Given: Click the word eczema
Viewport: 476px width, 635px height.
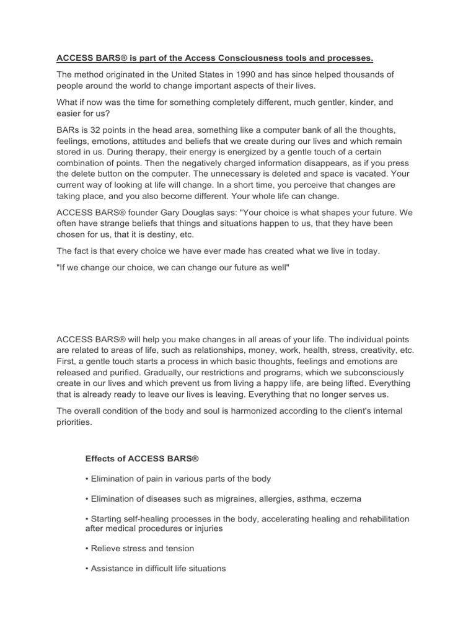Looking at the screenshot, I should click(x=346, y=499).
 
